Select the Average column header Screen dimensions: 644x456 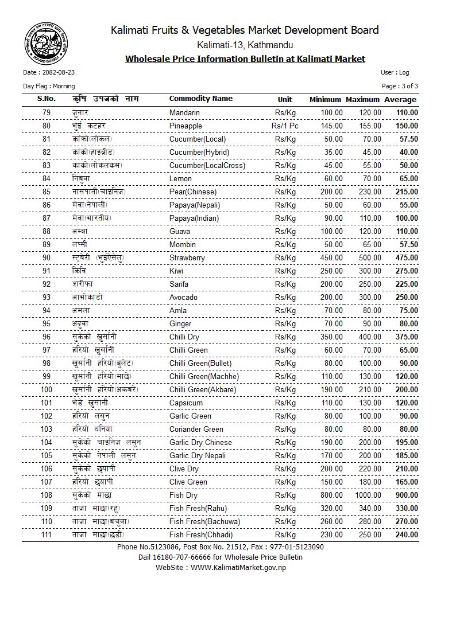tap(400, 100)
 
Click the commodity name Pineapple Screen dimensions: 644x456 tap(186, 126)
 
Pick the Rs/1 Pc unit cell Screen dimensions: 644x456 tap(285, 126)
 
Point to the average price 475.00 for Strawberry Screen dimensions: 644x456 tap(407, 257)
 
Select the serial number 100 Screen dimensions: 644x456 tap(47, 389)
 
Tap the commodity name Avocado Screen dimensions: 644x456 tap(183, 297)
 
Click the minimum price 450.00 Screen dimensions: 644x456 tap(331, 257)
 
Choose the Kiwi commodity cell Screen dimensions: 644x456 tap(176, 271)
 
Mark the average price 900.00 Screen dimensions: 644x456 tap(407, 495)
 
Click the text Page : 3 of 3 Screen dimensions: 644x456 tap(400, 86)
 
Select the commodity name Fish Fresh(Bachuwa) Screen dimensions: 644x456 tap(204, 521)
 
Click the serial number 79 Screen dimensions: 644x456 tap(47, 112)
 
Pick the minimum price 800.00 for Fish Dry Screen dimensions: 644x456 tap(331, 495)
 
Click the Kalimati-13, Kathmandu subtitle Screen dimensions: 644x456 tap(245, 45)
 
